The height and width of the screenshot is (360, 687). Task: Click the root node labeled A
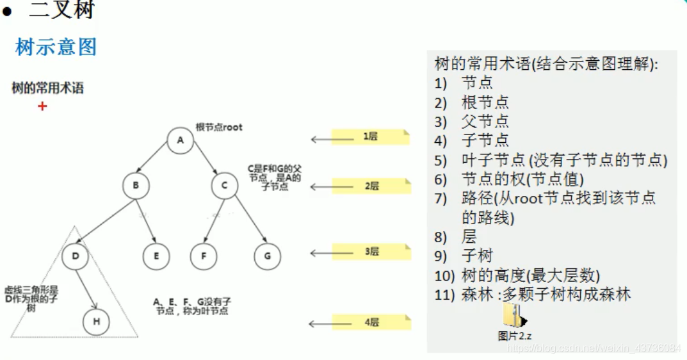coord(180,141)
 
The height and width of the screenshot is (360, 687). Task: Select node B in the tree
coord(136,186)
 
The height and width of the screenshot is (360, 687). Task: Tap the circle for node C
coord(224,186)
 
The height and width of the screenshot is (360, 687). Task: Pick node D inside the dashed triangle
coord(76,257)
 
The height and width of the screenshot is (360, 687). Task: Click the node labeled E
coord(156,257)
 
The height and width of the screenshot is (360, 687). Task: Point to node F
coord(204,257)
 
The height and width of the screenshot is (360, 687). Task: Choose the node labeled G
coord(267,257)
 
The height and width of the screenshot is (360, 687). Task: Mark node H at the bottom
coord(96,322)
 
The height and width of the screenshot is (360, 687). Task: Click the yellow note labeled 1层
coord(370,136)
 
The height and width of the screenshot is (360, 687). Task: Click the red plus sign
coord(42,106)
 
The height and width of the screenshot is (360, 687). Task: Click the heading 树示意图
coord(56,47)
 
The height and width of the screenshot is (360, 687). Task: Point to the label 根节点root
coord(219,127)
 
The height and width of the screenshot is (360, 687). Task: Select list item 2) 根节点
coord(485,102)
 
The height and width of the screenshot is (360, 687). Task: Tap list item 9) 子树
coord(477,256)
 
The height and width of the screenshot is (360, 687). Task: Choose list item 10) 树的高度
coord(530,275)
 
